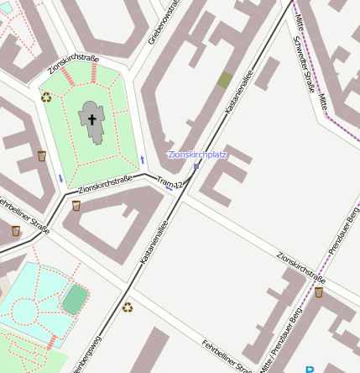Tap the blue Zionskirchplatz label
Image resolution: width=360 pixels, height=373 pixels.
197,155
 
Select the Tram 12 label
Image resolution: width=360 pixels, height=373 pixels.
170,182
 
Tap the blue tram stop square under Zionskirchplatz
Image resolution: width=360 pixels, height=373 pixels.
196,166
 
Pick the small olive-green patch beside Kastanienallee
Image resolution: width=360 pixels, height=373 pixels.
225,80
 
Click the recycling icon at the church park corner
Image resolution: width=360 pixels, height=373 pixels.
46,97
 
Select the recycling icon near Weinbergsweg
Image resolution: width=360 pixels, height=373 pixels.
128,307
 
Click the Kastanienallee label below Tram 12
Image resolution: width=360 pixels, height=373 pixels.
154,244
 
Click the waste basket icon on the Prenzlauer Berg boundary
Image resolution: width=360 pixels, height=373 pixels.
319,292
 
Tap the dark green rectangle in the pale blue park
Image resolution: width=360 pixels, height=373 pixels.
75,298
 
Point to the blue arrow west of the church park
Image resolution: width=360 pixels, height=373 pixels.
60,178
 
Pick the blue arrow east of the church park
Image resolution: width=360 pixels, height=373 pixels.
143,159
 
